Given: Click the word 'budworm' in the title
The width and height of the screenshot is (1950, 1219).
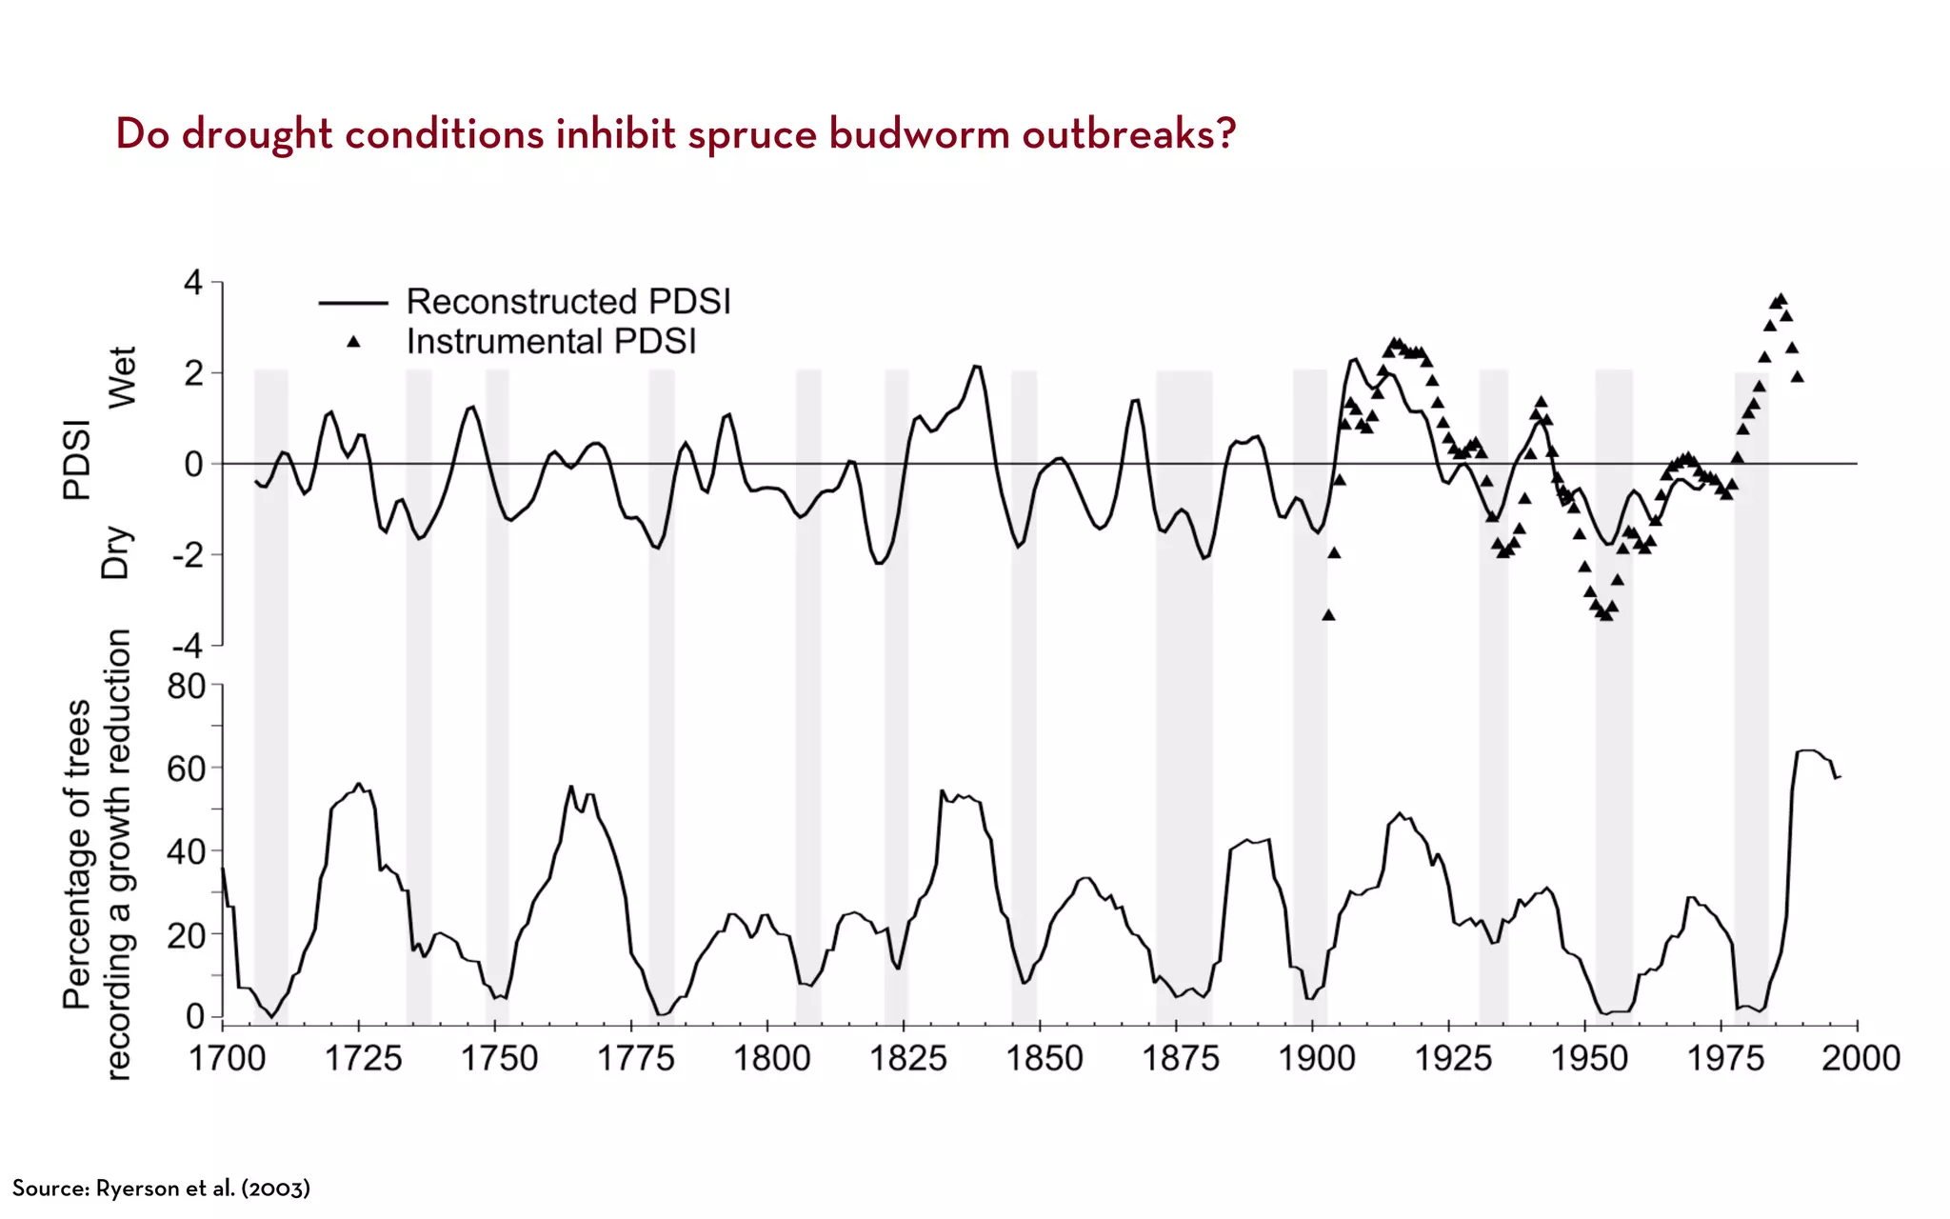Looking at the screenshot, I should coord(918,134).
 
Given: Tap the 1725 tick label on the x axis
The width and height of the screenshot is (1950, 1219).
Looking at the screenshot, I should coord(363,1058).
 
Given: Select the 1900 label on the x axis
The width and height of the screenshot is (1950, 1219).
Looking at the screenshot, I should coord(1316,1058).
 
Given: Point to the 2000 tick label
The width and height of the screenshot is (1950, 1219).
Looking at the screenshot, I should coord(1860,1058).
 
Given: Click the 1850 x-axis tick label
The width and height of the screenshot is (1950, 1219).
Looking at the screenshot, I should coord(1044,1058).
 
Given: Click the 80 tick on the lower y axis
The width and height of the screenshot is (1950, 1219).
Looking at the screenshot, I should coord(186,686).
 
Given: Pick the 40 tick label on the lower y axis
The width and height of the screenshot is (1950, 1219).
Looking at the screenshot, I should coord(186,851).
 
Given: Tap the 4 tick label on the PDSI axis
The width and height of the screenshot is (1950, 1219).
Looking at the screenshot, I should coord(193,283).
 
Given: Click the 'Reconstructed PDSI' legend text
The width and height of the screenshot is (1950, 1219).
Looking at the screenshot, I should coord(568,302).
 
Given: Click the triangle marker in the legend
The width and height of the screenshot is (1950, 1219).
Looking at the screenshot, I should coord(353,341).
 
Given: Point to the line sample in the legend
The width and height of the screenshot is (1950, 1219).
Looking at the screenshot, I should coord(353,303).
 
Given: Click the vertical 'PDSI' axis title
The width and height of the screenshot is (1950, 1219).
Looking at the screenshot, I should coord(77,460).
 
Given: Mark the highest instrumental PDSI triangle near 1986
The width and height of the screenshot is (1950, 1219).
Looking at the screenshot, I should coord(1781,299).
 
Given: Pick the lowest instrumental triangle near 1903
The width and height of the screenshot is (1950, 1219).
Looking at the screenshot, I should coord(1328,615).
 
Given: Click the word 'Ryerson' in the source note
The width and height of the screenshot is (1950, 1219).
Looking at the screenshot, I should coord(138,1189).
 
